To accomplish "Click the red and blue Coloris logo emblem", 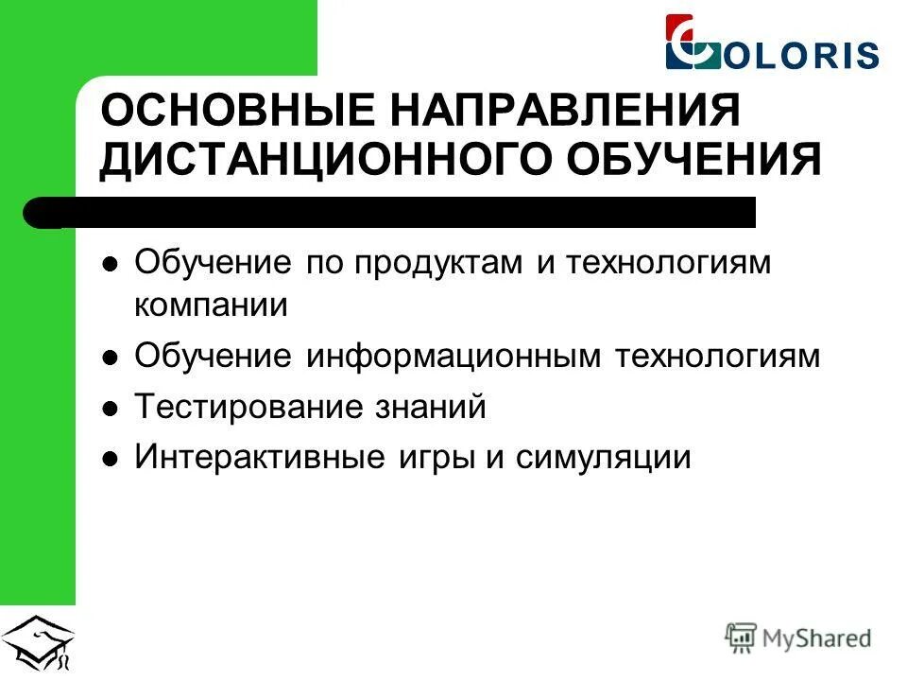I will click(693, 43).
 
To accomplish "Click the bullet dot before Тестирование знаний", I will click(111, 410).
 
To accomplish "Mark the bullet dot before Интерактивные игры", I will click(111, 461).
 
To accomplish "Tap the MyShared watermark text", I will click(817, 638).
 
